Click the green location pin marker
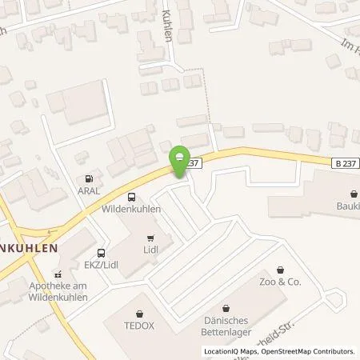pos(182,157)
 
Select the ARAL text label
pos(88,190)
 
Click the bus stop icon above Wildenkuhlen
pos(131,197)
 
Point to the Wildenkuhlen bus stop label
pos(131,209)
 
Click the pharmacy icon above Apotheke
pos(57,274)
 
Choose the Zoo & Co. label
pos(279,282)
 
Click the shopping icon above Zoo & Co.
pos(279,270)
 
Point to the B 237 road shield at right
pos(342,162)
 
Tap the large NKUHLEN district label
pos(30,248)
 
